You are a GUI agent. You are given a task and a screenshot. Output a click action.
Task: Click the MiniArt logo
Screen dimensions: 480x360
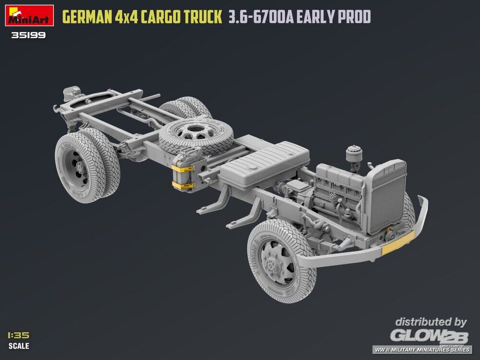tap(29, 15)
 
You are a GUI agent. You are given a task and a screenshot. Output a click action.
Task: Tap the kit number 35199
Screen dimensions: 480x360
tap(28, 35)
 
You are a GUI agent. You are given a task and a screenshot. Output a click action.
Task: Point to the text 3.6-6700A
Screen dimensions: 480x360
tap(261, 17)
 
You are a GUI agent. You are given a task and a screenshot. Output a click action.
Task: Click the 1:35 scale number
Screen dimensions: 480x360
tap(19, 335)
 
